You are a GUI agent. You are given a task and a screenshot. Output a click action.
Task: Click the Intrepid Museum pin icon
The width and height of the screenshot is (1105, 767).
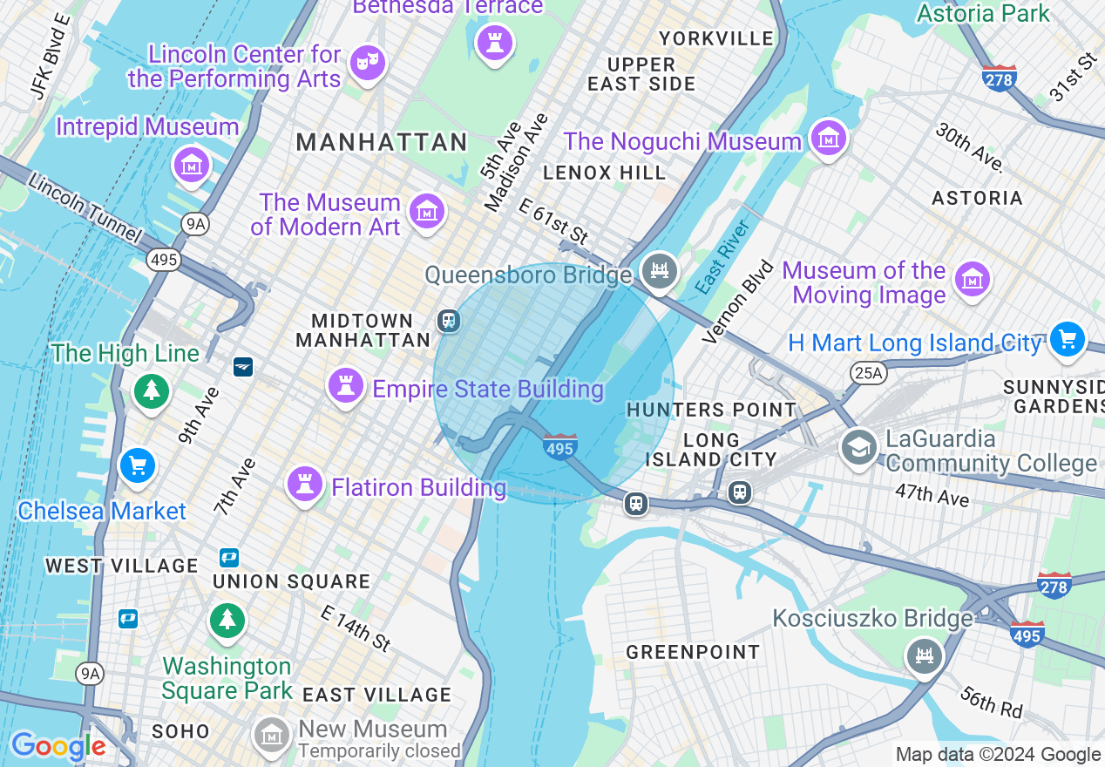tap(191, 164)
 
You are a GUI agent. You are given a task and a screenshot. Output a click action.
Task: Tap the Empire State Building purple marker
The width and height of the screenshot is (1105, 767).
tap(346, 386)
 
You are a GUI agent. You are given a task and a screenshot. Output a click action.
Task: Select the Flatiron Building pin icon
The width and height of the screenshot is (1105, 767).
tap(305, 485)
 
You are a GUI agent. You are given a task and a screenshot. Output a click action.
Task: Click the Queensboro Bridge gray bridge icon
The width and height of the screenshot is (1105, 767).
tap(659, 271)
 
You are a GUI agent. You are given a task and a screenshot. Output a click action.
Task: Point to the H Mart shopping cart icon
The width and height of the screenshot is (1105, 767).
tap(1067, 338)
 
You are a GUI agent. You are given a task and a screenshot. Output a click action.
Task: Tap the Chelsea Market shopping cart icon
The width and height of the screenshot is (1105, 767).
tap(137, 465)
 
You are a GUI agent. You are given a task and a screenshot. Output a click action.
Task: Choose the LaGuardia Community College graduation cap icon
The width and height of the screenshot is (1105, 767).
tap(858, 447)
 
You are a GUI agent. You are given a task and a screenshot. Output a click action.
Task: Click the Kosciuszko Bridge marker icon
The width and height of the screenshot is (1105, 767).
tap(924, 654)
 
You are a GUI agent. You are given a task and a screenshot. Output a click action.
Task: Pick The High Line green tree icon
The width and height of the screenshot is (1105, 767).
tap(152, 390)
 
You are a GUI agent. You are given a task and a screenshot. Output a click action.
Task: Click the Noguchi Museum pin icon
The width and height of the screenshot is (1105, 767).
tap(828, 138)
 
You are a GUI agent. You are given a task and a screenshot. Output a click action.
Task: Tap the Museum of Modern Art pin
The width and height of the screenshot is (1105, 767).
tap(427, 211)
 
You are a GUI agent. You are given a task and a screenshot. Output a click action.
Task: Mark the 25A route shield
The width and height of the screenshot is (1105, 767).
tap(868, 373)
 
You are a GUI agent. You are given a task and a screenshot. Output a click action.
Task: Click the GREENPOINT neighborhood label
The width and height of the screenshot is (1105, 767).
tap(693, 652)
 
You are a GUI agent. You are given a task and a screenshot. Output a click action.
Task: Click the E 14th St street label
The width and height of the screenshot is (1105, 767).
tap(356, 628)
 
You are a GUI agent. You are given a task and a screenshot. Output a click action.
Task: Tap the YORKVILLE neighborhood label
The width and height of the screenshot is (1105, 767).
tap(716, 38)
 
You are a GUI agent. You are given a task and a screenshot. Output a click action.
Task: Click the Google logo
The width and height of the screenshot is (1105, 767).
tap(58, 746)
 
